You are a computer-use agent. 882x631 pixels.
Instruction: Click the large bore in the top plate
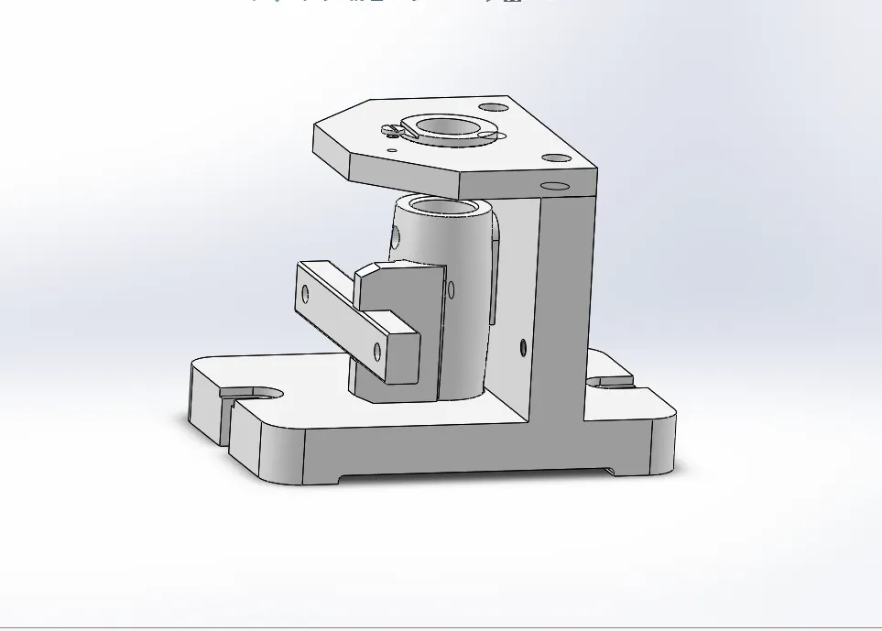[x=445, y=126]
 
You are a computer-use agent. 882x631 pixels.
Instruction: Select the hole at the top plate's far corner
[x=493, y=107]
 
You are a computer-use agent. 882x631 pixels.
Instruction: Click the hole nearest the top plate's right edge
[x=555, y=158]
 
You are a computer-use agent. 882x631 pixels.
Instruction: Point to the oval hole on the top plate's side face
[x=555, y=186]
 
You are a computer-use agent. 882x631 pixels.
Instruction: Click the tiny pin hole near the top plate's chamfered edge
[x=392, y=150]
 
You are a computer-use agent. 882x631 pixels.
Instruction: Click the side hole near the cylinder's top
[x=397, y=238]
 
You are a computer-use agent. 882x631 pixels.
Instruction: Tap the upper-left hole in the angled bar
[x=306, y=295]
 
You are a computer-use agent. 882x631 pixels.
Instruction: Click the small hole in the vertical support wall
[x=523, y=347]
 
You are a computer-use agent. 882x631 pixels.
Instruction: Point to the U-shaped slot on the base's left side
[x=261, y=393]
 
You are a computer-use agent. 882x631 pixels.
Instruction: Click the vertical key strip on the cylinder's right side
[x=495, y=275]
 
